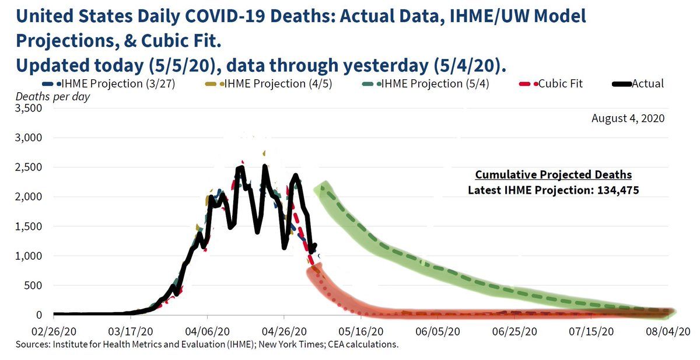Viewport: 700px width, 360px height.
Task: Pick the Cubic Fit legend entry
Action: tap(556, 83)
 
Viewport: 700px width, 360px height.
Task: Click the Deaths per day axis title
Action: tap(52, 96)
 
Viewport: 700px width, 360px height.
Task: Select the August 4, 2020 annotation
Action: tap(628, 118)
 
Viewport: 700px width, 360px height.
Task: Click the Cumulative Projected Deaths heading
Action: tap(554, 175)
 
